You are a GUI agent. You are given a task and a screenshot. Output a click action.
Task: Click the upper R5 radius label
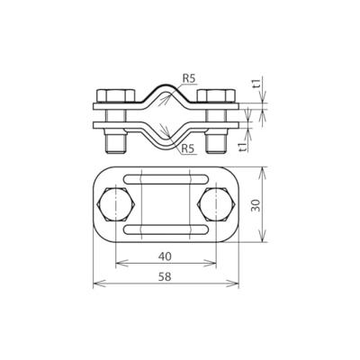[x=188, y=79]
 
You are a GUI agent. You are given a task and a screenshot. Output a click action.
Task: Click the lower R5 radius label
[x=188, y=148]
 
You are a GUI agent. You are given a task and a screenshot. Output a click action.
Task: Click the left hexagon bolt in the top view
[x=116, y=205]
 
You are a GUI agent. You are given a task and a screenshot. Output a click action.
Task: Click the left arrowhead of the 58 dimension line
[x=96, y=288]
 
